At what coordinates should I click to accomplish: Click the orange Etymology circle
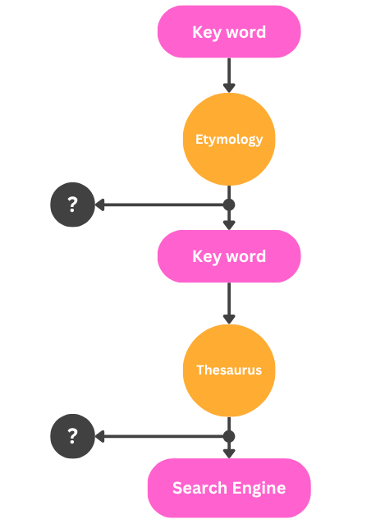pos(229,139)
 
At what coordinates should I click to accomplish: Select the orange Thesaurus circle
pos(229,370)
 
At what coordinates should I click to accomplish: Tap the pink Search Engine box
pos(229,488)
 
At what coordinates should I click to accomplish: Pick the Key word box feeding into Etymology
pos(229,32)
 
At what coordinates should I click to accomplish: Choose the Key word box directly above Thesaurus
pos(229,256)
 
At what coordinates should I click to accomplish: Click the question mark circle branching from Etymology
pos(73,205)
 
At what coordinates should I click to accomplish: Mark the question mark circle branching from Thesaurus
pos(73,436)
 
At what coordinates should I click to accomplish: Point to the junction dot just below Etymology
pos(229,205)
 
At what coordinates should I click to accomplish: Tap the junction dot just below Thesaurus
pos(229,436)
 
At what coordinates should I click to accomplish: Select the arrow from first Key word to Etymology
pos(229,76)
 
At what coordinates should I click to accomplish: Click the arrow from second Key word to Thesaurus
pos(229,303)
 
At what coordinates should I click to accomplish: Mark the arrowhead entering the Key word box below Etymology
pos(229,225)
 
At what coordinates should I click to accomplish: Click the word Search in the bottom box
pos(199,488)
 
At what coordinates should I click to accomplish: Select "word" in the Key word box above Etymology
pos(245,32)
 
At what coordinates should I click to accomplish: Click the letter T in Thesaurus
pos(200,370)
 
